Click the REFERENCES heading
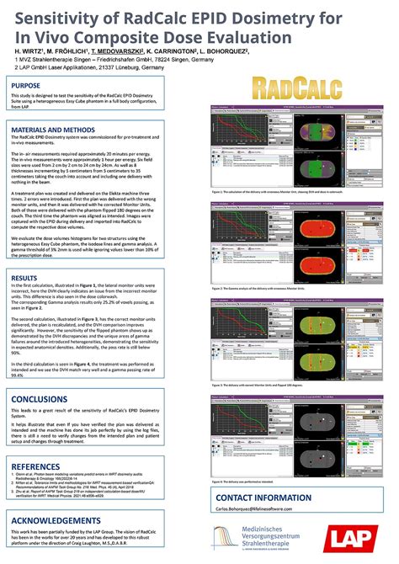point(36,465)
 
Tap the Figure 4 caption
point(244,482)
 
